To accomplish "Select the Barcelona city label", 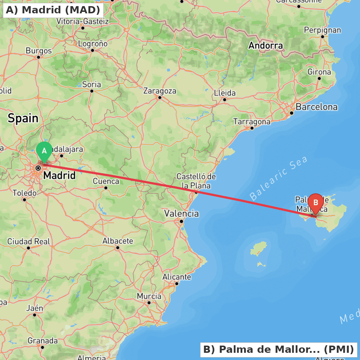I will point(316,107).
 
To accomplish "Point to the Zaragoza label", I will point(160,91).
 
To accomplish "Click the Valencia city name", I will point(181,213).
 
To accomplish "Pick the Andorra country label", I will point(266,46).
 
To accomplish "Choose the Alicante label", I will point(177,277).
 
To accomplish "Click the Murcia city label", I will point(149,296).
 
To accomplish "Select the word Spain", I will point(23,118).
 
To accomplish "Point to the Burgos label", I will point(39,51).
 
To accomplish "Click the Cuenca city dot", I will point(106,188).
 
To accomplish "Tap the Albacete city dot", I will point(118,247).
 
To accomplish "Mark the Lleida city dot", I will point(225,100).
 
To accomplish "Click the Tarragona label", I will point(252,122).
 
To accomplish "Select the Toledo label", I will point(24,193).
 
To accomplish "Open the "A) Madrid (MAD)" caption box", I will point(53,10).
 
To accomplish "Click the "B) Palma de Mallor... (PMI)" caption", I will point(279,350).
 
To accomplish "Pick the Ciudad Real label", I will point(28,241).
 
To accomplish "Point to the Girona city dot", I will point(319,78).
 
